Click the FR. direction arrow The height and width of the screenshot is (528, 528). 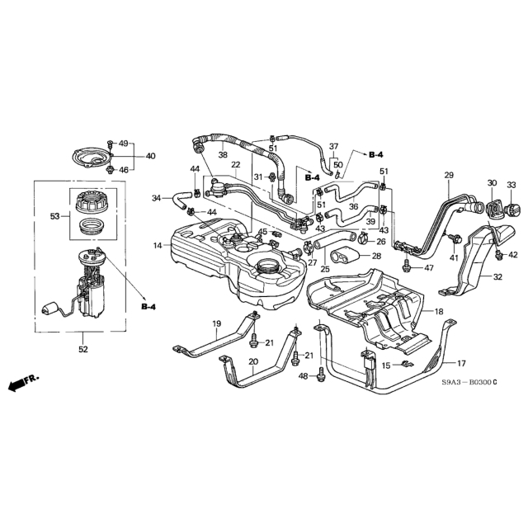pos(23,382)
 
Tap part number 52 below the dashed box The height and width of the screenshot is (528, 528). pos(83,350)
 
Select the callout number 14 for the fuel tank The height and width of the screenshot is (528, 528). pos(158,246)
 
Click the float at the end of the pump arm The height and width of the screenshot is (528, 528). pos(49,309)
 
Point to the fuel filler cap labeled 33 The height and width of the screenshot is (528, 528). pos(511,209)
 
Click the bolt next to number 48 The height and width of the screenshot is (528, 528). pos(321,375)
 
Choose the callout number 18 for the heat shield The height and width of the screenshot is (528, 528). pos(439,312)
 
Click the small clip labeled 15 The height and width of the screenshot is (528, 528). pos(408,364)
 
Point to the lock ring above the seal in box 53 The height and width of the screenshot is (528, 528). pos(90,202)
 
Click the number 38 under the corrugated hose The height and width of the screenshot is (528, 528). pos(223,154)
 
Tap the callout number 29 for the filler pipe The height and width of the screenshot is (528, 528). pos(449,175)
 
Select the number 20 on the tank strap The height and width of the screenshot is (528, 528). pos(253,361)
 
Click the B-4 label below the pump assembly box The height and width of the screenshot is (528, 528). pos(148,307)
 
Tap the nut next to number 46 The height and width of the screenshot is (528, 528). pos(110,170)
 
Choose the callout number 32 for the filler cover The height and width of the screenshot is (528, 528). pos(497,277)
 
